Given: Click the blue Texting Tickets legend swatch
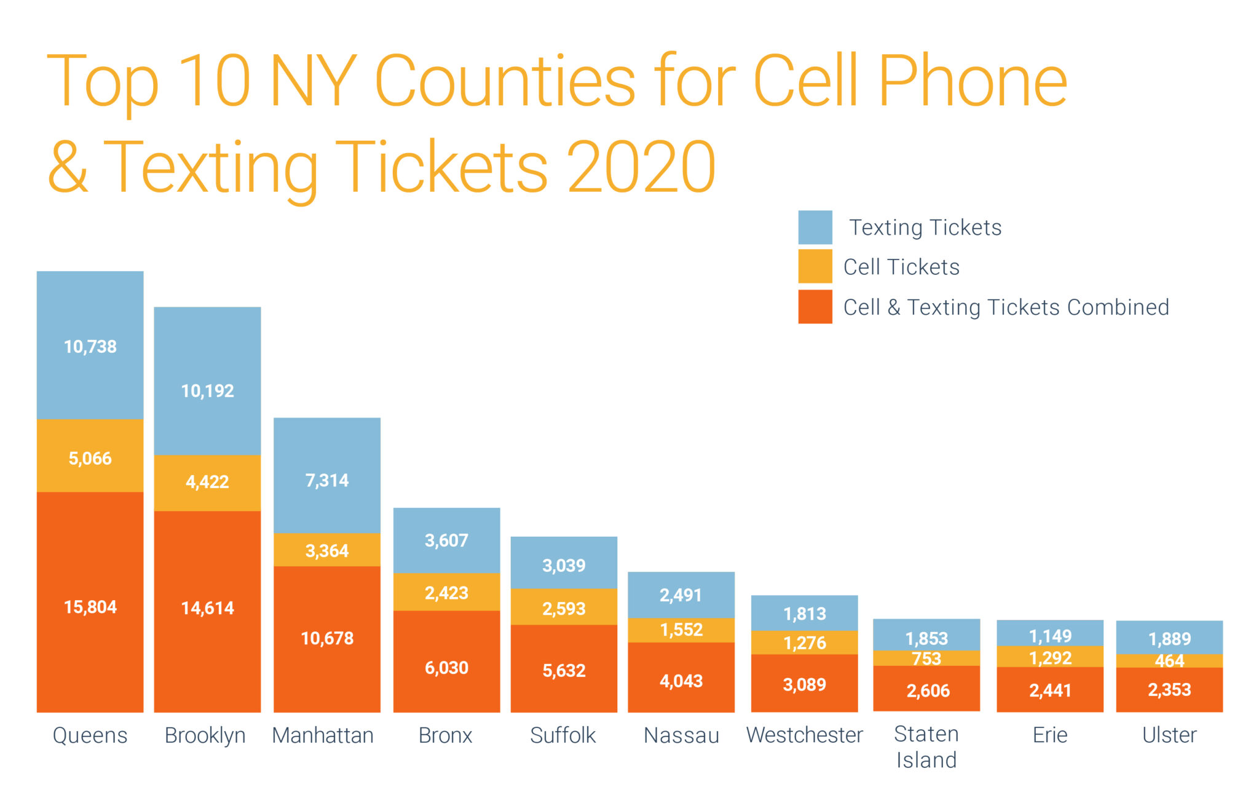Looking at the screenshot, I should pyautogui.click(x=815, y=227).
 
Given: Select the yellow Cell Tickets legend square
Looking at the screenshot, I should pyautogui.click(x=815, y=266).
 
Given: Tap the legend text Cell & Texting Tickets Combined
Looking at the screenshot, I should pyautogui.click(x=1006, y=307).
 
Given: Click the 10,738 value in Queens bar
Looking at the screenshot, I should pyautogui.click(x=90, y=347).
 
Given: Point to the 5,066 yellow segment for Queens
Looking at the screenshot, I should pyautogui.click(x=90, y=458).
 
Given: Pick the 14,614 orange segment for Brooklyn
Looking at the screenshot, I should pyautogui.click(x=207, y=608).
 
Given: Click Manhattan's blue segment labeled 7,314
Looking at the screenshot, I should pyautogui.click(x=327, y=480).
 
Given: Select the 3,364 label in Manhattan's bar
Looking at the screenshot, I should pyautogui.click(x=327, y=550).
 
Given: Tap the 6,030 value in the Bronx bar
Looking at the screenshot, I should pyautogui.click(x=446, y=668).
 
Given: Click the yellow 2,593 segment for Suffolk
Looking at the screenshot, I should pyautogui.click(x=564, y=609).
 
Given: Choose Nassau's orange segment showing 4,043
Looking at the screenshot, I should pyautogui.click(x=681, y=681).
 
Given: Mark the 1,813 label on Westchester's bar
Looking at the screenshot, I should pyautogui.click(x=804, y=614).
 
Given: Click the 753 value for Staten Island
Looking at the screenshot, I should pyautogui.click(x=926, y=659).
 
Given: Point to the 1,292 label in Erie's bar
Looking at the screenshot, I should pyautogui.click(x=1050, y=658).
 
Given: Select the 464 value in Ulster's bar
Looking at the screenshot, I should pyautogui.click(x=1169, y=661).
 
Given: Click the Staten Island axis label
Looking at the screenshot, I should pyautogui.click(x=926, y=747).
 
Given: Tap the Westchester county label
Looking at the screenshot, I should pyautogui.click(x=804, y=735).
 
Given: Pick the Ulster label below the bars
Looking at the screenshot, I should pyautogui.click(x=1169, y=735).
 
